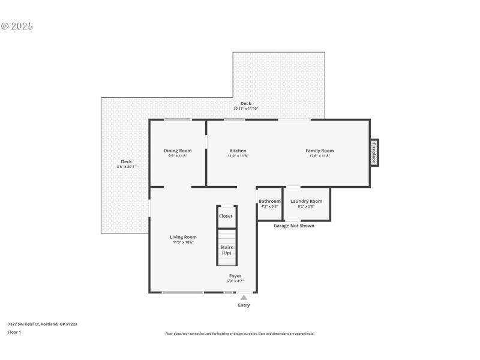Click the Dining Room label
pos(178,151)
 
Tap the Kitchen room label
pos(238,151)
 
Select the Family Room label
pos(319,151)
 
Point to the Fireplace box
pos(373,152)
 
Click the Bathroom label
pos(269,201)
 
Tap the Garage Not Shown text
pos(293,226)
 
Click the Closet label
pos(226,216)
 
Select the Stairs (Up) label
pos(226,250)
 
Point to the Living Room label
pos(183,237)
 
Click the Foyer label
pos(235,276)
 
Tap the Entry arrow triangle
pos(244,297)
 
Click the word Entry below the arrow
pos(244,305)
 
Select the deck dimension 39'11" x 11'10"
pos(246,109)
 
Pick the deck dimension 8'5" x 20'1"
pos(126,166)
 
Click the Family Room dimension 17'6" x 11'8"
pos(319,156)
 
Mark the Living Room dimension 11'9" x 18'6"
pos(183,242)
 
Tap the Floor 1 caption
pos(14,332)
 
